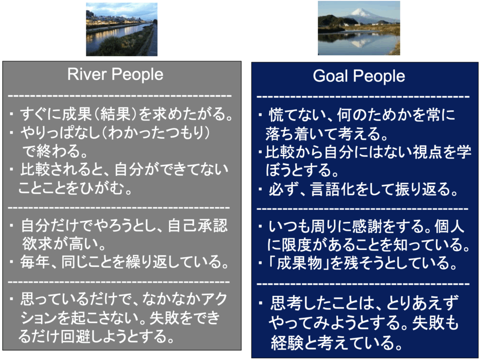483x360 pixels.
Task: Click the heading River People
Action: click(115, 75)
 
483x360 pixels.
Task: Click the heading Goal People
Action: click(359, 76)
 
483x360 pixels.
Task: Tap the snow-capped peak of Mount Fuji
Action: click(359, 12)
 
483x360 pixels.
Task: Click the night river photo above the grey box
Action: click(122, 30)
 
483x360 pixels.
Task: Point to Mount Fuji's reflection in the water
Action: click(358, 43)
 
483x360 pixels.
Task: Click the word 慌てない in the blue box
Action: click(293, 115)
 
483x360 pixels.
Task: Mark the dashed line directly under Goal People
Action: click(363, 97)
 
